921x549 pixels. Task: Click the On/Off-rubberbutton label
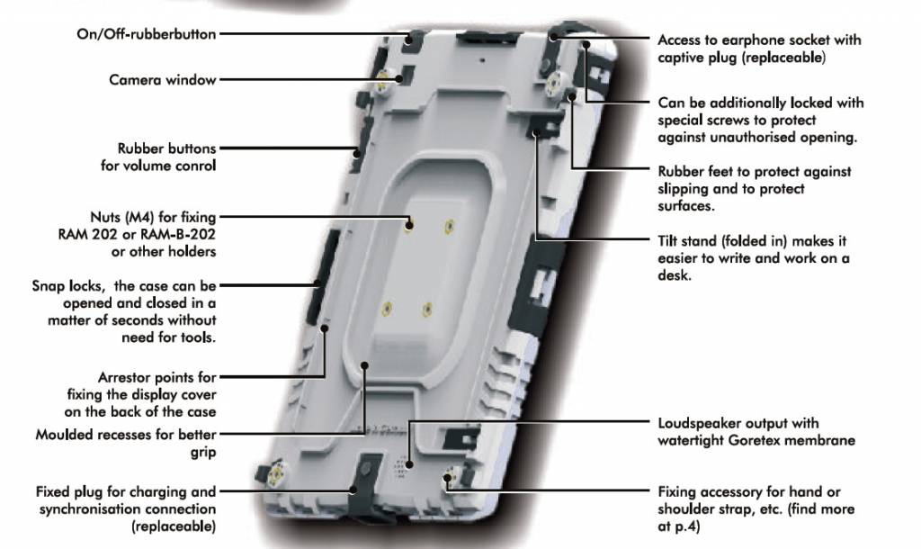pyautogui.click(x=147, y=34)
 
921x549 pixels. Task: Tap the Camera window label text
pyautogui.click(x=163, y=80)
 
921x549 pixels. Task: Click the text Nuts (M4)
pyautogui.click(x=122, y=218)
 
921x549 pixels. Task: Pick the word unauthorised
pyautogui.click(x=751, y=138)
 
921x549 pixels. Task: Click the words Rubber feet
pyautogui.click(x=695, y=172)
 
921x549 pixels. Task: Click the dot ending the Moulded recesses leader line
pyautogui.click(x=364, y=365)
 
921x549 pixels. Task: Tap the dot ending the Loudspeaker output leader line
pyautogui.click(x=409, y=465)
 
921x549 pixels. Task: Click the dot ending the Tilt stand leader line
pyautogui.click(x=536, y=133)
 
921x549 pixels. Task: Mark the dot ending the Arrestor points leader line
pyautogui.click(x=324, y=328)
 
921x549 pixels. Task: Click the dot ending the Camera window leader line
pyautogui.click(x=398, y=79)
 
